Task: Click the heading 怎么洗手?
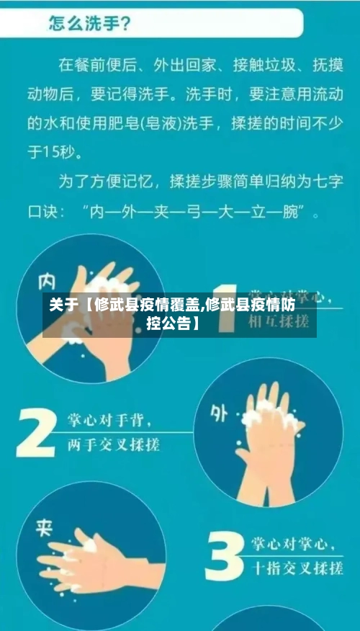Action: [x=89, y=24]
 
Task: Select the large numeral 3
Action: [x=225, y=557]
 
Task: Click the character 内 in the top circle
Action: [x=47, y=280]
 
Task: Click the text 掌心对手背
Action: [x=114, y=421]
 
